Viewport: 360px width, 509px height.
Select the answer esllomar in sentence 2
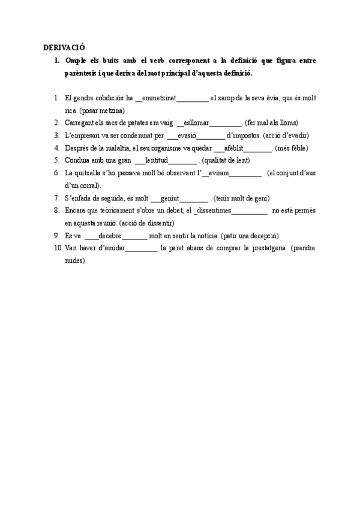195,122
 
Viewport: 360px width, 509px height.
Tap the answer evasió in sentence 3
183,135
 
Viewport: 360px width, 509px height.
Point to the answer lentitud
157,160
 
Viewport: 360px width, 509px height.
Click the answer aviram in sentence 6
218,173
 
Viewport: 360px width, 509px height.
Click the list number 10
58,248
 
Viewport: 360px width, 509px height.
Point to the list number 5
56,160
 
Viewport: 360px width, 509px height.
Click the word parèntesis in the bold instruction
85,73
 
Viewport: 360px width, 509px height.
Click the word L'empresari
83,135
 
